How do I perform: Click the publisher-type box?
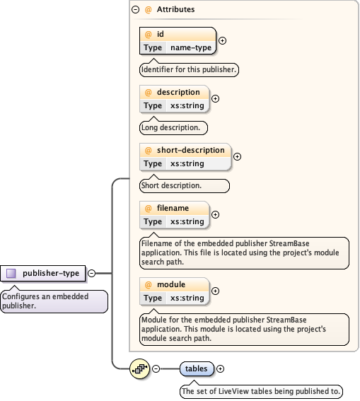pyautogui.click(x=44, y=273)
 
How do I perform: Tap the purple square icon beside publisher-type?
pyautogui.click(x=11, y=273)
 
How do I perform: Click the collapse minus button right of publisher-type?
pyautogui.click(x=91, y=273)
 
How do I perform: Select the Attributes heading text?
pyautogui.click(x=175, y=10)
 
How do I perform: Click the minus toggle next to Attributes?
pyautogui.click(x=135, y=10)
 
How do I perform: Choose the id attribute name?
pyautogui.click(x=160, y=34)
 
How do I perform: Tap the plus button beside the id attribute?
pyautogui.click(x=222, y=40)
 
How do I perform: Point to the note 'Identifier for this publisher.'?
pyautogui.click(x=189, y=70)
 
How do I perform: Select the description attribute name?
pyautogui.click(x=178, y=92)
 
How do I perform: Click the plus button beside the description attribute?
pyautogui.click(x=215, y=98)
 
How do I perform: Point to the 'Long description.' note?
pyautogui.click(x=173, y=128)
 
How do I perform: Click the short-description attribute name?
pyautogui.click(x=190, y=150)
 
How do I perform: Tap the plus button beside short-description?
pyautogui.click(x=237, y=156)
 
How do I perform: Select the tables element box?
pyautogui.click(x=196, y=368)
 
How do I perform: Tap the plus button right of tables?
pyautogui.click(x=220, y=368)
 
